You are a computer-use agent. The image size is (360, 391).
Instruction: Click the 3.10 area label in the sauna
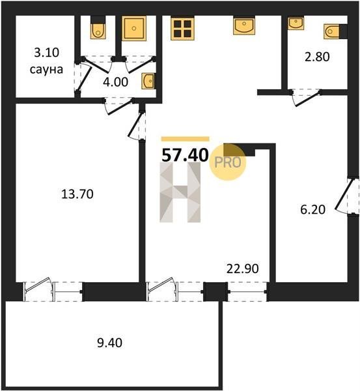tap(46, 53)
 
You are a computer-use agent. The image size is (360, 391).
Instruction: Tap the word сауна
tap(46, 70)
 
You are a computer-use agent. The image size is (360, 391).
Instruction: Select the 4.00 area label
tap(116, 82)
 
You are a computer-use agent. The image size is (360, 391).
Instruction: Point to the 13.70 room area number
tap(77, 194)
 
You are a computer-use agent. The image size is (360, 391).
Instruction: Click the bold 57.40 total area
tap(185, 155)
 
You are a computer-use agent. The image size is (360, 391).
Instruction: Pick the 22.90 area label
tap(243, 268)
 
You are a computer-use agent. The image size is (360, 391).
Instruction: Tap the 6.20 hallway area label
tap(313, 209)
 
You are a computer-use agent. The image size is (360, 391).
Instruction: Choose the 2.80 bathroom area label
tap(317, 57)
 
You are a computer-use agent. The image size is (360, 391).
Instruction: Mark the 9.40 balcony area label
tap(109, 343)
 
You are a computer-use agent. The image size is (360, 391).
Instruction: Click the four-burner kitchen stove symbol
tap(183, 29)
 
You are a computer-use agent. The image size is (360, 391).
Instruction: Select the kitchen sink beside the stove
tap(244, 25)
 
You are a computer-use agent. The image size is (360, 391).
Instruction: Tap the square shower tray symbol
tap(134, 29)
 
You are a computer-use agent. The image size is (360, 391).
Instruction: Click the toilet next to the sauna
tap(98, 28)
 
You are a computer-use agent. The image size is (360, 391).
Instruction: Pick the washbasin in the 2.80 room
tap(296, 23)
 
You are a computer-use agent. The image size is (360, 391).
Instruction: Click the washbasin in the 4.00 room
tap(148, 81)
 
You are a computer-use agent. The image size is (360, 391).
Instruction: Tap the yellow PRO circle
tap(227, 162)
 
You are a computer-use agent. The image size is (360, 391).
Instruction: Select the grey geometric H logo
tap(180, 192)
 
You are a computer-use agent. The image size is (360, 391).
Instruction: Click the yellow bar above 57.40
tap(186, 139)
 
